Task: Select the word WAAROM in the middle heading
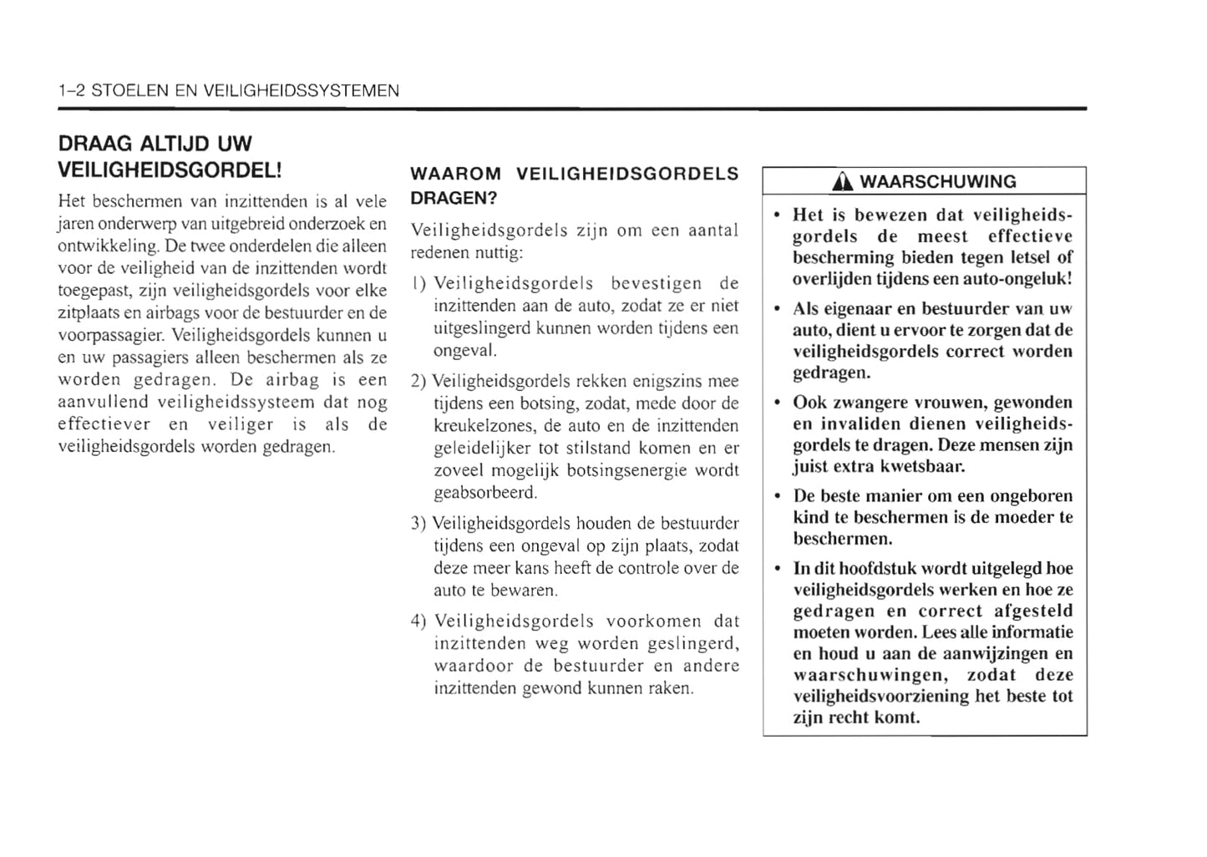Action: [x=456, y=174]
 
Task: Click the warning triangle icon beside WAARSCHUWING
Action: [x=848, y=181]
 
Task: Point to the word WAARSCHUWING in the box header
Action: [x=938, y=181]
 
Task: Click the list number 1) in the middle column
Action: [x=419, y=284]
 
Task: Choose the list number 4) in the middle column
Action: [x=419, y=621]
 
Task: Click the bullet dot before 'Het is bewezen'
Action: [x=777, y=216]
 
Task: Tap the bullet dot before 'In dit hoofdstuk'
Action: [x=777, y=569]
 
